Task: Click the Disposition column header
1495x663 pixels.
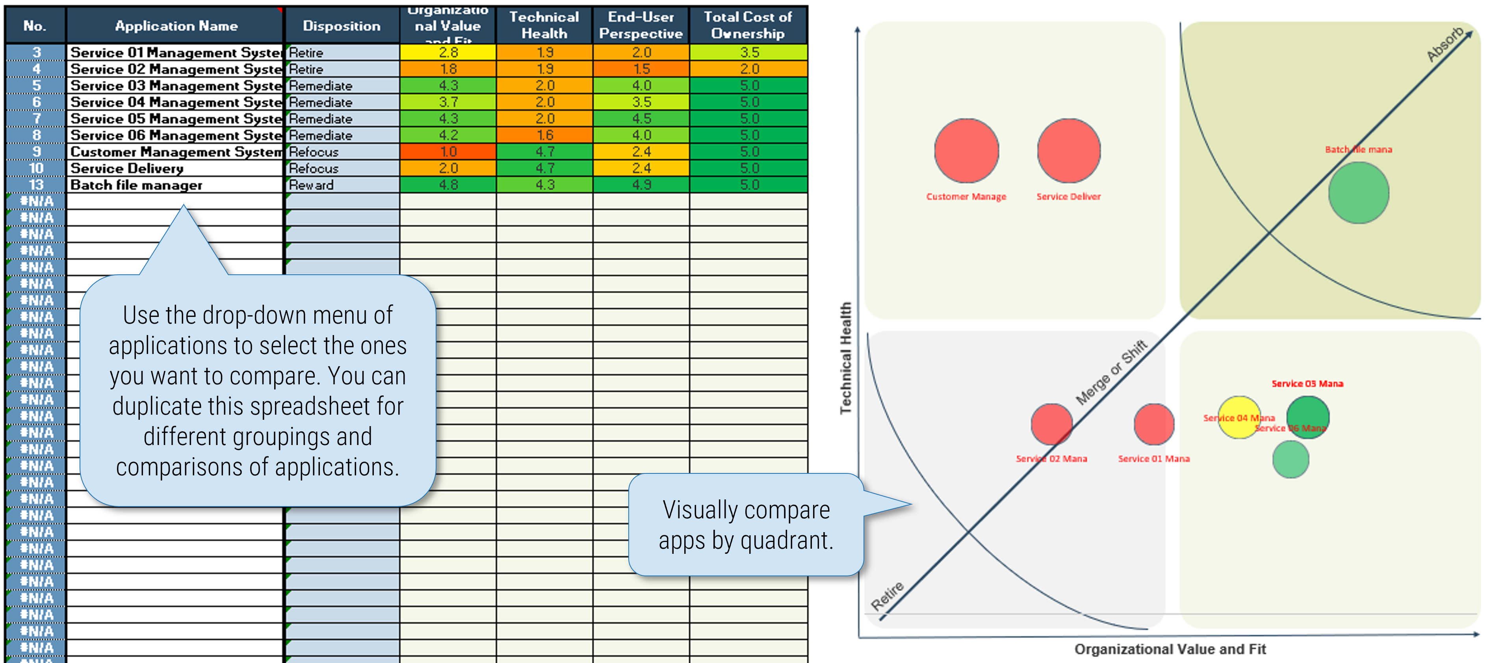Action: point(341,26)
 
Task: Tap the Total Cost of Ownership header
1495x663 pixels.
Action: point(748,26)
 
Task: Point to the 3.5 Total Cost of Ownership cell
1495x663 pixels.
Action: point(748,52)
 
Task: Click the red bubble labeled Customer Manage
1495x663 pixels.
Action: point(966,151)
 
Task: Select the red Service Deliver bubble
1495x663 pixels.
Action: point(1068,151)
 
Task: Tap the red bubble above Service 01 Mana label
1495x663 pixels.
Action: point(1154,424)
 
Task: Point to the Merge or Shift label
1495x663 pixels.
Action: point(1111,372)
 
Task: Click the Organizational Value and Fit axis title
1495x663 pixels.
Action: point(1170,649)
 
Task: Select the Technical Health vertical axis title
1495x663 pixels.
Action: point(845,358)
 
